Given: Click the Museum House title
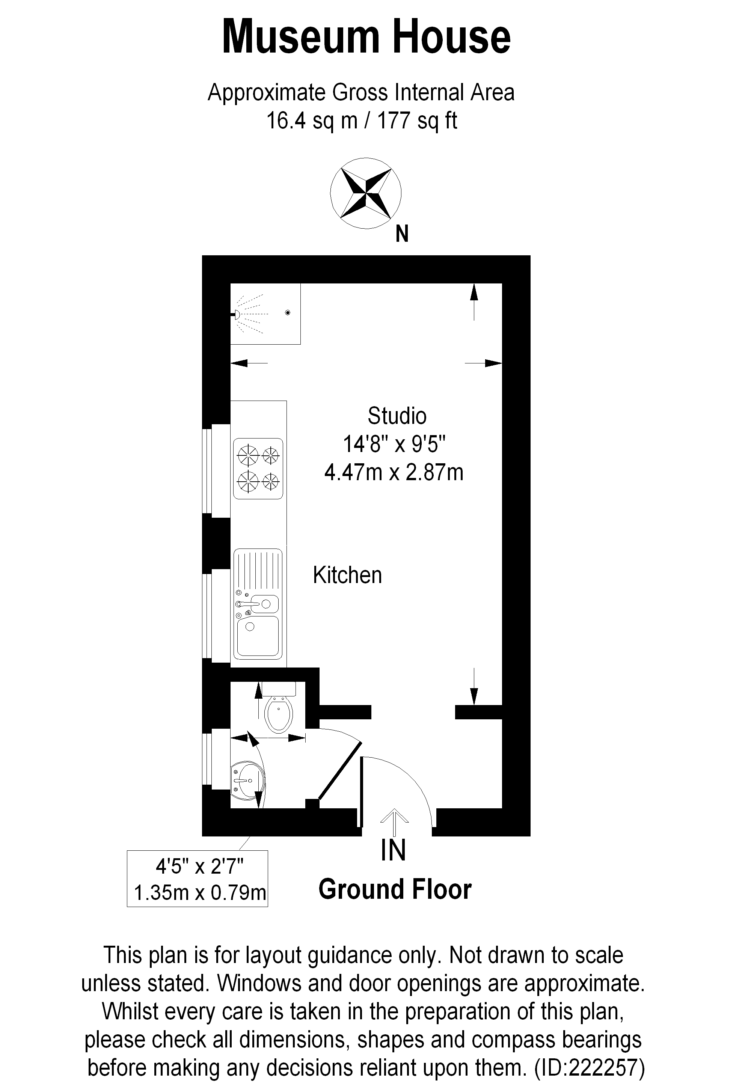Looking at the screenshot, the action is click(x=366, y=37).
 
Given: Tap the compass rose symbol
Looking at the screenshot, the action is click(x=366, y=193).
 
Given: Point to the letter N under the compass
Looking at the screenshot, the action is click(x=402, y=234).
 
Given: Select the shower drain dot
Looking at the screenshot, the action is click(x=288, y=312).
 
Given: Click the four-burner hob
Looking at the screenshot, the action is click(x=258, y=469).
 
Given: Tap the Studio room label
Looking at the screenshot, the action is click(x=397, y=416).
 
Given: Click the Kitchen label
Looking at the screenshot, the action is click(x=347, y=575).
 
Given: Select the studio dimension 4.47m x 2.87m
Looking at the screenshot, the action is click(x=394, y=472).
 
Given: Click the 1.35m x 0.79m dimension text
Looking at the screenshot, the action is click(x=200, y=892).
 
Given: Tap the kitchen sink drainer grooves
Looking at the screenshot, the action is click(x=258, y=573).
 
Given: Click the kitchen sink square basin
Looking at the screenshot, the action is click(x=258, y=636).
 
